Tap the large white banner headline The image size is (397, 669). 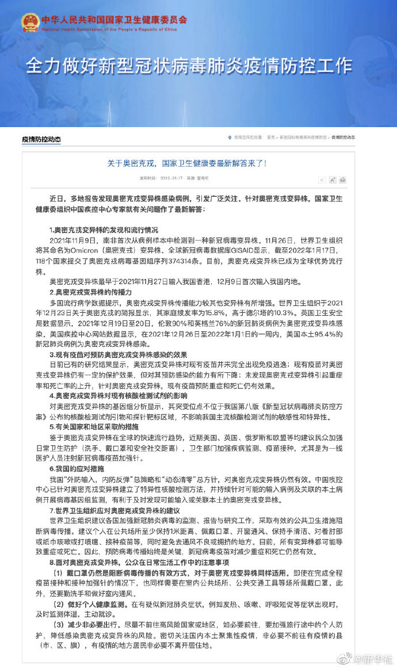tap(188, 65)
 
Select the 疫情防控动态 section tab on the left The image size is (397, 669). tap(41, 139)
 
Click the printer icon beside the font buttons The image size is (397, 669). tap(343, 180)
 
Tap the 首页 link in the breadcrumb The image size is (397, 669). tap(270, 138)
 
